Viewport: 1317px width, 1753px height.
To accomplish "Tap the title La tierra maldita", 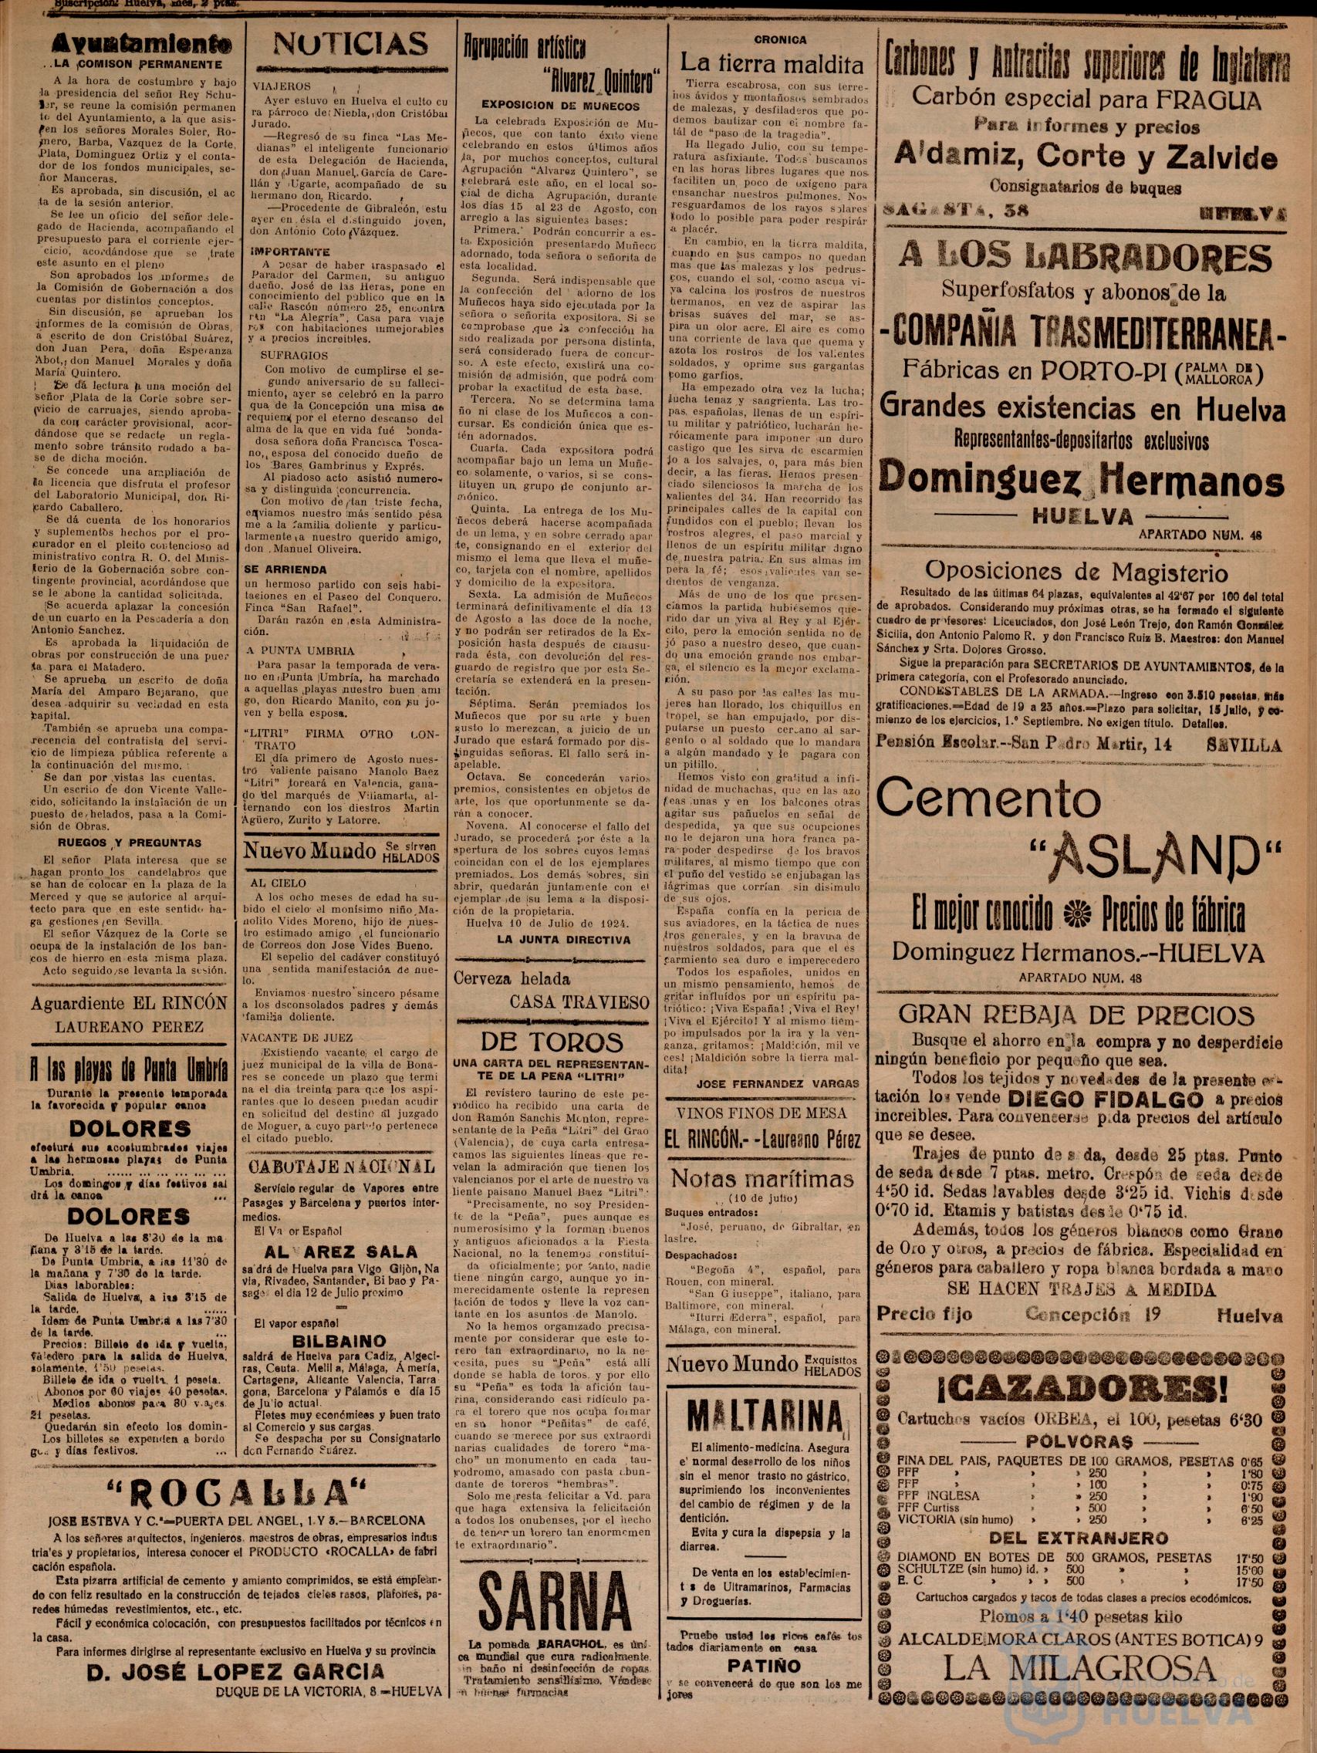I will [x=767, y=61].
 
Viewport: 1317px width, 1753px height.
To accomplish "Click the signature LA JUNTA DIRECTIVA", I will [x=563, y=940].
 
